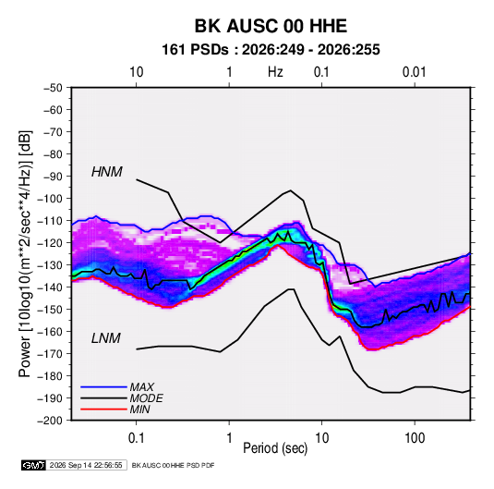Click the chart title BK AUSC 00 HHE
[x=271, y=26]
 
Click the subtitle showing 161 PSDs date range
[x=271, y=50]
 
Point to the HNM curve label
[x=107, y=172]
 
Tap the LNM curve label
[x=106, y=338]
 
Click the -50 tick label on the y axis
[x=53, y=88]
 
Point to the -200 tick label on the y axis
[x=50, y=421]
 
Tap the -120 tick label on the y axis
[x=50, y=243]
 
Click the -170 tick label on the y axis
[x=50, y=354]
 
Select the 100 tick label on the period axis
[x=415, y=437]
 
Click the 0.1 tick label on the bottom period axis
[x=136, y=437]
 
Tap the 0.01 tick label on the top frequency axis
[x=414, y=72]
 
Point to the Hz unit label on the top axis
[x=275, y=72]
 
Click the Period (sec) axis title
[x=275, y=448]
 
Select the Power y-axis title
[x=25, y=253]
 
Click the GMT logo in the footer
[x=34, y=465]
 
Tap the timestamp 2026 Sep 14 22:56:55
[x=86, y=465]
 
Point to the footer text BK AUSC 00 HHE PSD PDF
[x=173, y=465]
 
